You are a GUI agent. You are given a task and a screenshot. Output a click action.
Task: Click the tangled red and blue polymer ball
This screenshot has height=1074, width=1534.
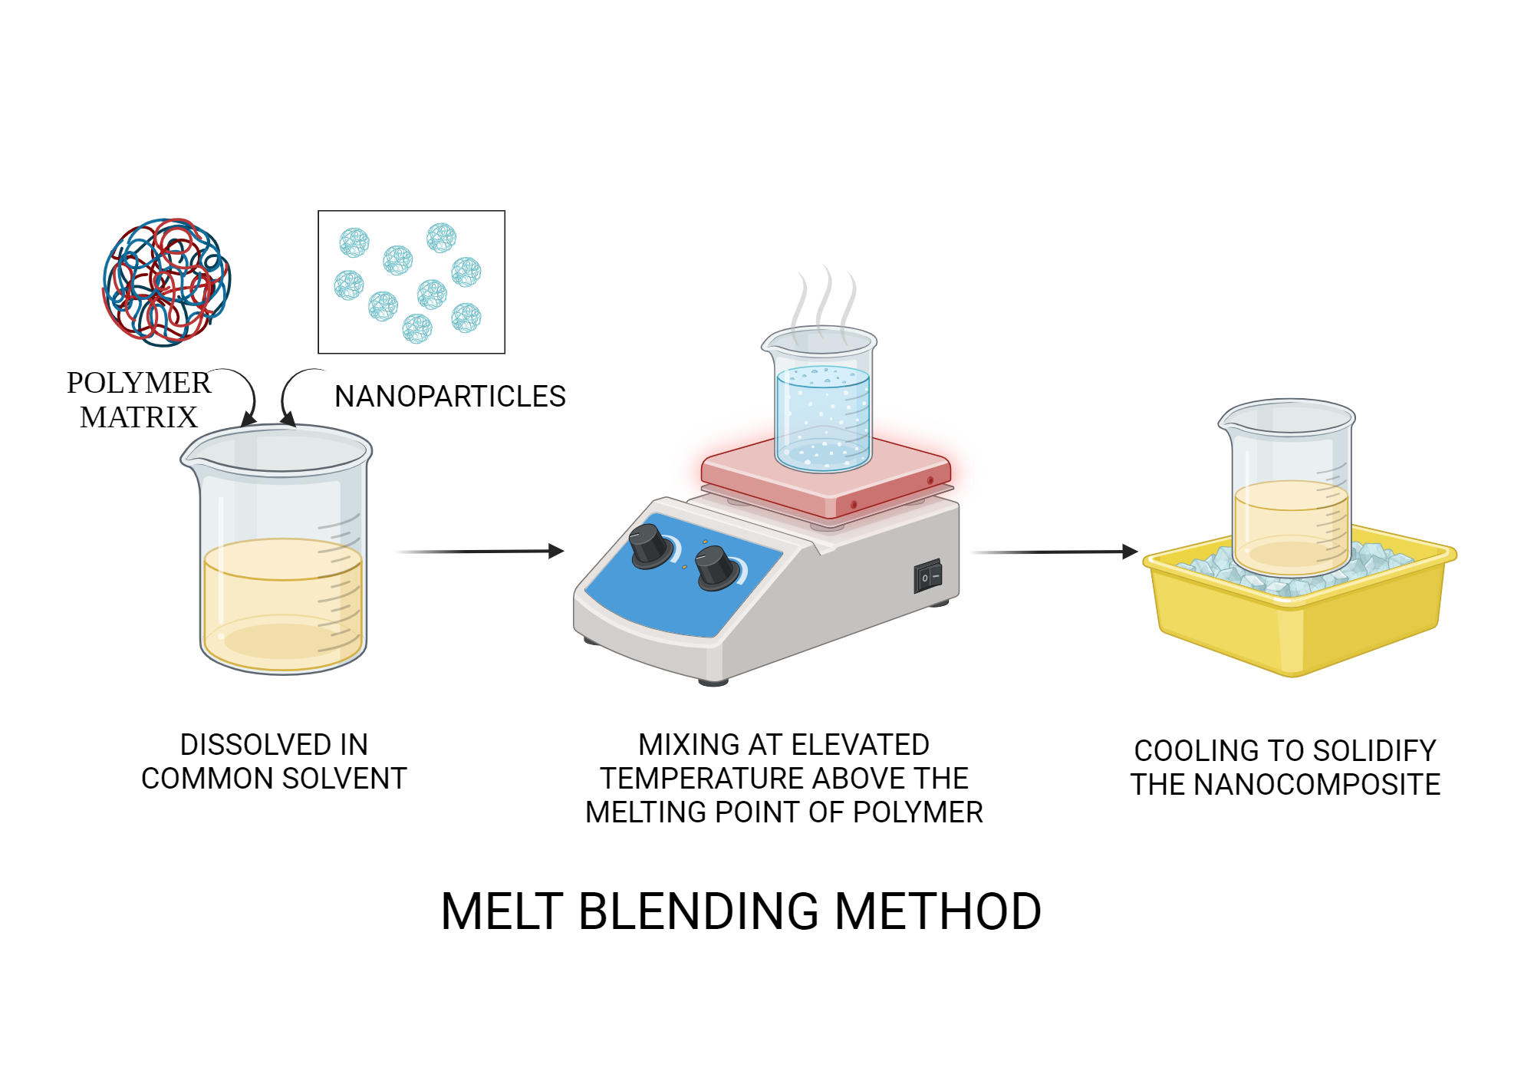pos(167,282)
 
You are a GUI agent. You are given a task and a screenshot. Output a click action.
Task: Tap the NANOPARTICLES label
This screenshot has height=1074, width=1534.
pos(450,397)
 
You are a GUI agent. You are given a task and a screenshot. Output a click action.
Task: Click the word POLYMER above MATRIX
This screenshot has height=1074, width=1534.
pos(138,383)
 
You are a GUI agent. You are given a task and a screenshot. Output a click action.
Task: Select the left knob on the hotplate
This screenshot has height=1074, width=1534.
pos(649,546)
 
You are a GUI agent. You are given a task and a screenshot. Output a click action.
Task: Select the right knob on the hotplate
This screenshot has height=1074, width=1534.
pos(716,568)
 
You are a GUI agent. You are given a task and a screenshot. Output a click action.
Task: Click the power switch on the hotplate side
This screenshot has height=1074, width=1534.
pos(927,577)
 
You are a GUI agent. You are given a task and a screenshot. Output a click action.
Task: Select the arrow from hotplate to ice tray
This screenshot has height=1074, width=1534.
pos(1055,551)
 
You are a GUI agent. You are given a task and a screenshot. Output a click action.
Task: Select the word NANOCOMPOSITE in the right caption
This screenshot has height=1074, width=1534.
pos(1318,785)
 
